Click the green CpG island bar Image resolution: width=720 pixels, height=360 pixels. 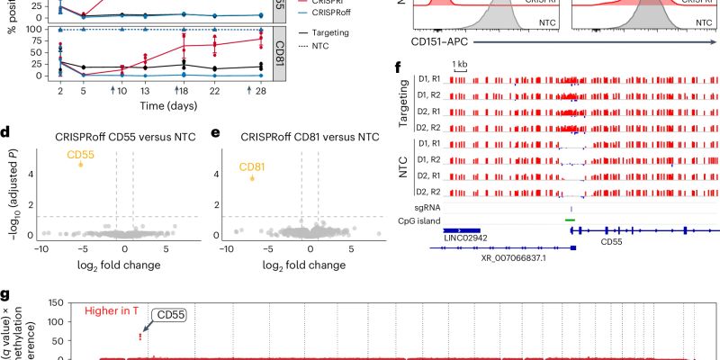coord(570,219)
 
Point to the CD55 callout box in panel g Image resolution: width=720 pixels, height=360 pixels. coord(166,316)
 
